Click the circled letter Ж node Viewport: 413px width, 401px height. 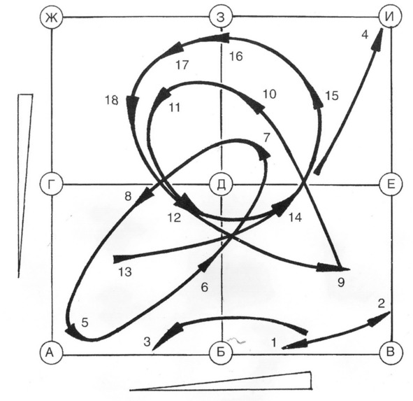(x=51, y=17)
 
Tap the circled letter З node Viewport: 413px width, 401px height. (x=221, y=17)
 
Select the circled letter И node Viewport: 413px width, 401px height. (x=390, y=16)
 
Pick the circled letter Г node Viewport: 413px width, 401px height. (x=52, y=185)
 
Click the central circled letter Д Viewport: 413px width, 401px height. (x=221, y=184)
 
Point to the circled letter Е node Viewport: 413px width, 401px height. (x=391, y=184)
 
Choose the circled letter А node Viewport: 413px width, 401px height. (x=51, y=353)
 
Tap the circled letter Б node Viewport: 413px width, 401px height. (x=221, y=353)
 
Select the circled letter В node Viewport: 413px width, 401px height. (x=391, y=353)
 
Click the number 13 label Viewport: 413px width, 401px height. (x=125, y=272)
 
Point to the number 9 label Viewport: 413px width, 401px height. (x=341, y=283)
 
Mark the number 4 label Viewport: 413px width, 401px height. (x=365, y=34)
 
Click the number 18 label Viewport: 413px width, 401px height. (x=111, y=100)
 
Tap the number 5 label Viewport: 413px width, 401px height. (x=85, y=323)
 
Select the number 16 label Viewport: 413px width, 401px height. (x=236, y=57)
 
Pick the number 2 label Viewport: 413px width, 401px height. (x=381, y=304)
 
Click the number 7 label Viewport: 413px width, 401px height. (x=266, y=137)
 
